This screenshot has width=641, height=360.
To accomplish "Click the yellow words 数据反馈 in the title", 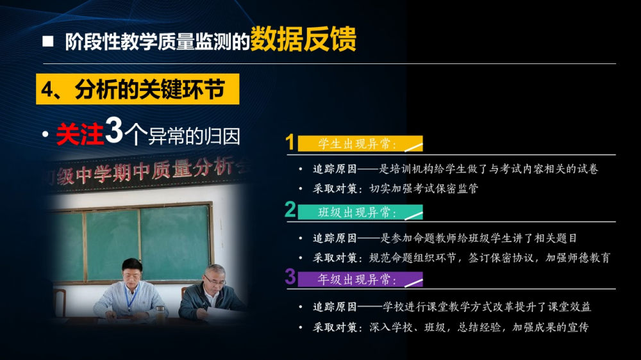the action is pos(303,39).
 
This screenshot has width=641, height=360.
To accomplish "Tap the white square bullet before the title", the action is pos(48,41).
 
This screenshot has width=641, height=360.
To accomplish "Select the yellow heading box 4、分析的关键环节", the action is pos(137,89).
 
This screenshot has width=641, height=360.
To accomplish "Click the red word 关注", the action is pos(79,134).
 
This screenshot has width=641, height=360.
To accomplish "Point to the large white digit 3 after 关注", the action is pos(114,130).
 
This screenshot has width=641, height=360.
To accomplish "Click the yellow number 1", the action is pos(290,142).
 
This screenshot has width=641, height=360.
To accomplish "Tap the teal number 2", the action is pos(290,209).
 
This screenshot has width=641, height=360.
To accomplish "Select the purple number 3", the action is pos(290,276).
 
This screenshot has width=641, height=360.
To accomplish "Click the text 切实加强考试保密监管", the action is pos(424,188).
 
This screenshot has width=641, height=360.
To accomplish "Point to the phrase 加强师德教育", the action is pos(578,258).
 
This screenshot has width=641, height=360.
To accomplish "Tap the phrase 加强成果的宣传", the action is pos(551,327).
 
